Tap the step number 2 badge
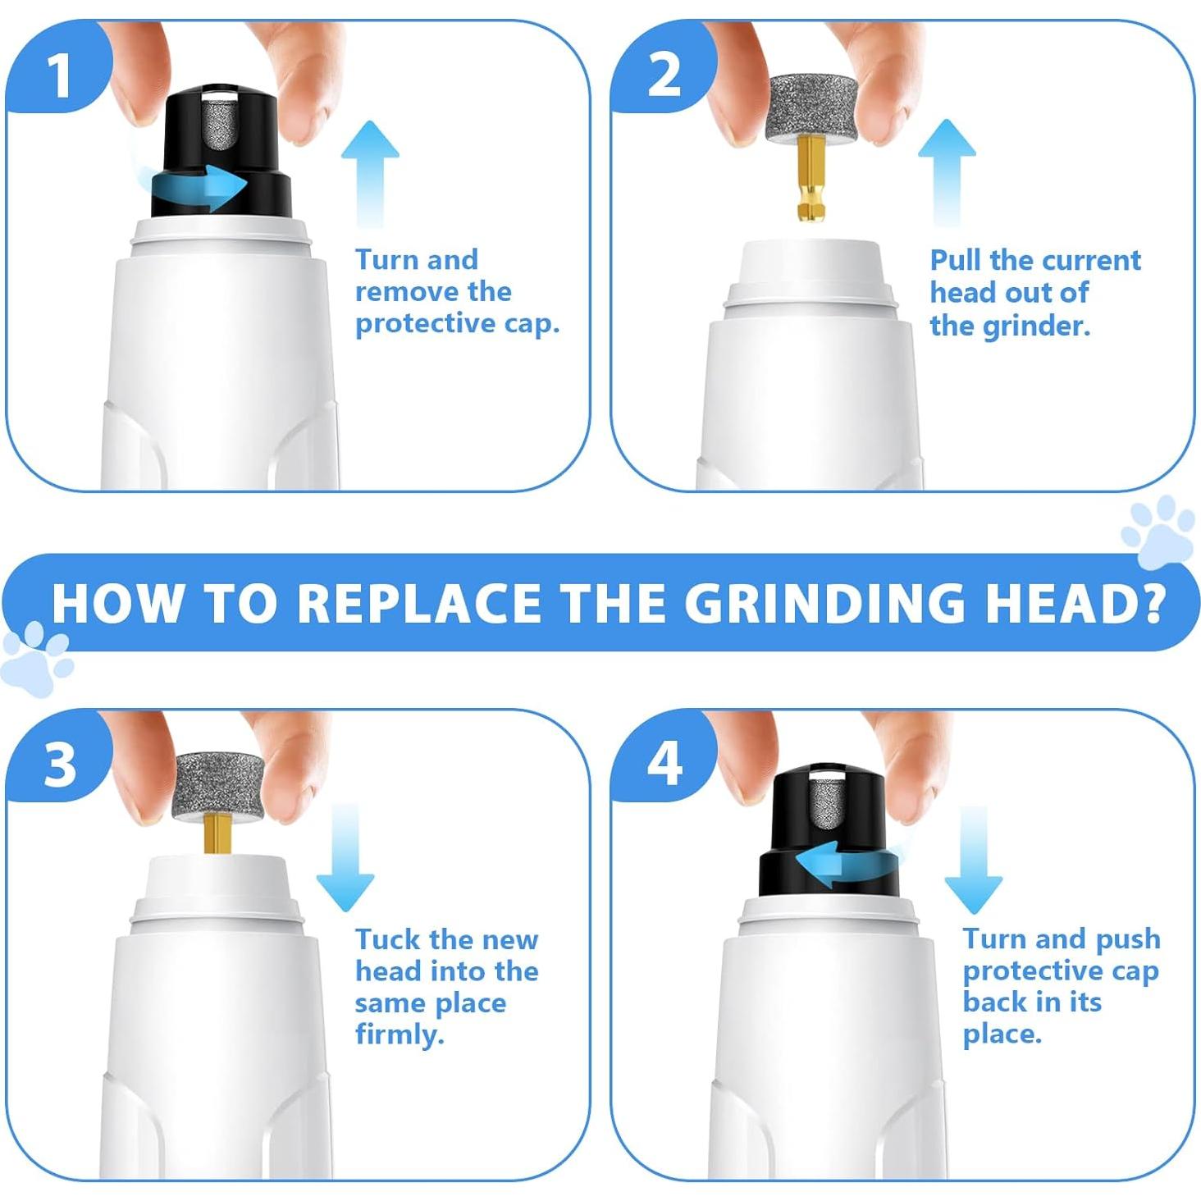coord(664,75)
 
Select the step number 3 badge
coord(60,766)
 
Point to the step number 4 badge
coord(664,766)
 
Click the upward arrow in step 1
coord(370,174)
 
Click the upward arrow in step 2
coord(947,172)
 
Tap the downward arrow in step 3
coord(345,857)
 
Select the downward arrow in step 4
coord(974,860)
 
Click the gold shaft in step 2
coord(808,179)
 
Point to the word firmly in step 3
coord(400,1035)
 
